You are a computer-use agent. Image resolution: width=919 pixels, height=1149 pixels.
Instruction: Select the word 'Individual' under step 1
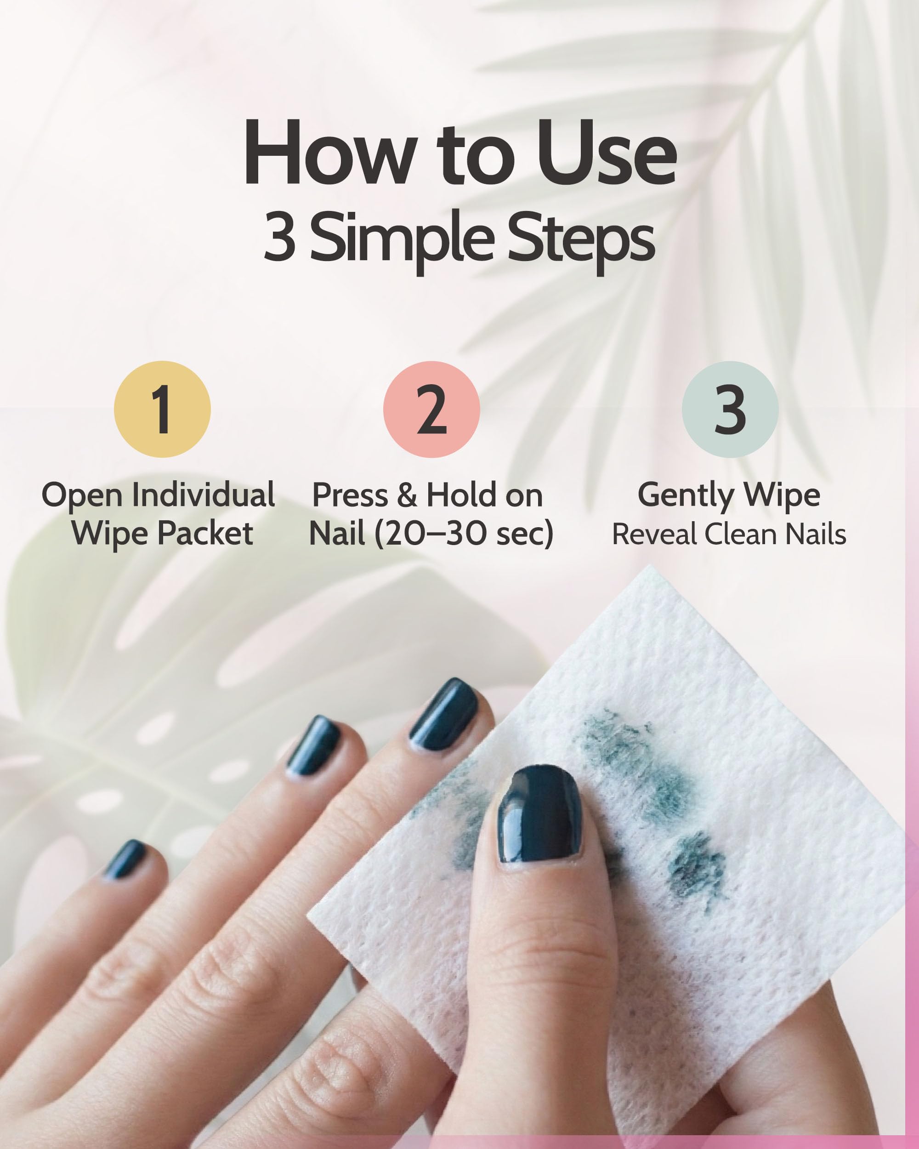(x=204, y=495)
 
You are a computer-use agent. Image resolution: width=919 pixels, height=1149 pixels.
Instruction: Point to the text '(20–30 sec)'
(x=464, y=534)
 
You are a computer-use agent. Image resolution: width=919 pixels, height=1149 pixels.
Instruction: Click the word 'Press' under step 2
(x=350, y=495)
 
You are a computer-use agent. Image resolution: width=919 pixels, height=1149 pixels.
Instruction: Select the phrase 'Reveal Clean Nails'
(x=729, y=535)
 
